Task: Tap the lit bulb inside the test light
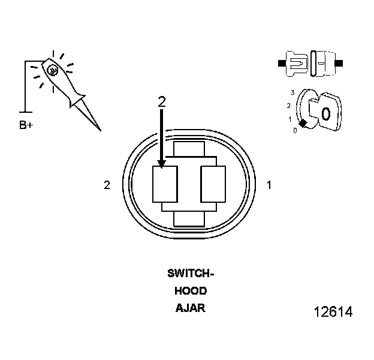(x=52, y=70)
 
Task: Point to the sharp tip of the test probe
(x=99, y=130)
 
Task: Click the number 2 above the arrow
(x=161, y=102)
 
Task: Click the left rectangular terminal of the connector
(x=165, y=184)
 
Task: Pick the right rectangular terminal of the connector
(x=213, y=184)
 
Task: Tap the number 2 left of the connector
(x=107, y=185)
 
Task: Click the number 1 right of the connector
(x=269, y=185)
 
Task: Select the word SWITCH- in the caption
(x=191, y=274)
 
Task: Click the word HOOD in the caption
(x=191, y=291)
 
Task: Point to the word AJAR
(x=191, y=308)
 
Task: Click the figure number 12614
(x=333, y=312)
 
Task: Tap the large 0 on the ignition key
(x=325, y=113)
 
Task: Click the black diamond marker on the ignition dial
(x=303, y=123)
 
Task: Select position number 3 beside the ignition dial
(x=292, y=92)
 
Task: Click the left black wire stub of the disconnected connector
(x=282, y=62)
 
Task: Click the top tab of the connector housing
(x=189, y=148)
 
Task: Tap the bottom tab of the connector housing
(x=189, y=219)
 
